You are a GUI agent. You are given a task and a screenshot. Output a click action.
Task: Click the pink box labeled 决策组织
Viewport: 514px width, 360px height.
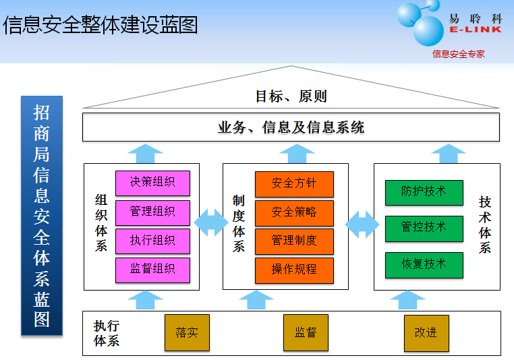tap(152, 183)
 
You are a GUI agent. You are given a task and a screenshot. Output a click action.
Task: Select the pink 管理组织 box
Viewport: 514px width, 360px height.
tap(152, 212)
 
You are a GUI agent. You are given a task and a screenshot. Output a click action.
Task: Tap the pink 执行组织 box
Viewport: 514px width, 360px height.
tap(152, 241)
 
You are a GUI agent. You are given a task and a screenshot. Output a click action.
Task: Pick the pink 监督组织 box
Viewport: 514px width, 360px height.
tap(152, 270)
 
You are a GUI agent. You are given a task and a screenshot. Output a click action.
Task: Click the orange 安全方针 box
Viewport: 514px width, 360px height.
tap(294, 183)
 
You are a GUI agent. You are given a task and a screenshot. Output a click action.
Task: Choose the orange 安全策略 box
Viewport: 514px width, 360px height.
tap(294, 212)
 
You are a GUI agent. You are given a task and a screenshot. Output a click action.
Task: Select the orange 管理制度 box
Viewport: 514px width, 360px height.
tap(294, 241)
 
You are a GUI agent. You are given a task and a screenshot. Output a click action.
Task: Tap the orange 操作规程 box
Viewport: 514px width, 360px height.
tap(294, 270)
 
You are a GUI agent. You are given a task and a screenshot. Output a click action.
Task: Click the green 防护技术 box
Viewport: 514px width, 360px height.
tap(424, 192)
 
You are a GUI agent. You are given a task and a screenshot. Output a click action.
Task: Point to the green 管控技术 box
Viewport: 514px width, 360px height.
tap(424, 228)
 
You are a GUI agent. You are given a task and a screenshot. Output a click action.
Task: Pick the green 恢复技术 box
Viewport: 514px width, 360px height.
tap(424, 264)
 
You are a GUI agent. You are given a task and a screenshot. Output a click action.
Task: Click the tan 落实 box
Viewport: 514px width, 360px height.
tap(187, 333)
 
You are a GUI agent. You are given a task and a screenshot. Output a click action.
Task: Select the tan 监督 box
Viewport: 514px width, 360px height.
tap(306, 333)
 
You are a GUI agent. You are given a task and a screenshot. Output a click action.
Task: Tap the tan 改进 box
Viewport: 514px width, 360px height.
tap(426, 333)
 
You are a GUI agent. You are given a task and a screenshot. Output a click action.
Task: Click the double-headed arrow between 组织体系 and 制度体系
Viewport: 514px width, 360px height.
tap(211, 222)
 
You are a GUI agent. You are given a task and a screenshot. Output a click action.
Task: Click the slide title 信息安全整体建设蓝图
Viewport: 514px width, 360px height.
tap(101, 26)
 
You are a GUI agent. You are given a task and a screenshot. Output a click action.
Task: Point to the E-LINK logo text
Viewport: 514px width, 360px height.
tap(475, 30)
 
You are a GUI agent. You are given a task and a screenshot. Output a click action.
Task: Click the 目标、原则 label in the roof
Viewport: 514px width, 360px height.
tap(291, 96)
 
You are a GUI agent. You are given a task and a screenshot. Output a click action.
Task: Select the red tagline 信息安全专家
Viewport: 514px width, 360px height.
tap(459, 54)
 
